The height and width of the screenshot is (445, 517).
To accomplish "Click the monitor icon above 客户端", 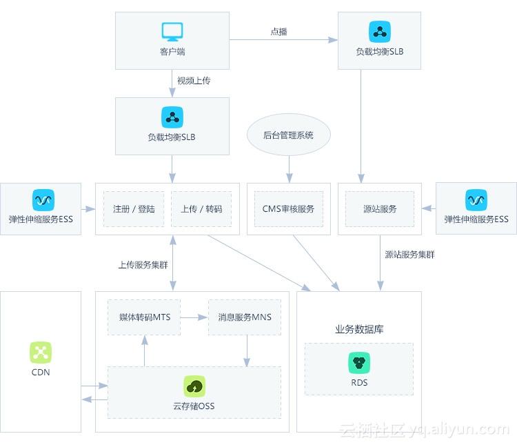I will pyautogui.click(x=172, y=32).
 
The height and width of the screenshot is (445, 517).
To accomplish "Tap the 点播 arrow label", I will pyautogui.click(x=278, y=32).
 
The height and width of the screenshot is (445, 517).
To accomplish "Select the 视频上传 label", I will pyautogui.click(x=194, y=81).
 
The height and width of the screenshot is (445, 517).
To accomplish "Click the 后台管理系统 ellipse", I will pyautogui.click(x=288, y=135).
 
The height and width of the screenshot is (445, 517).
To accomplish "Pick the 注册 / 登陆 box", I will pyautogui.click(x=134, y=209).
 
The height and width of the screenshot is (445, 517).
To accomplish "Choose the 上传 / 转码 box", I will pyautogui.click(x=201, y=209).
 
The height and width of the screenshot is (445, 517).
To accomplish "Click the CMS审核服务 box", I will pyautogui.click(x=288, y=209).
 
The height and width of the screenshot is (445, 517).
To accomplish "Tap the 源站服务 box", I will pyautogui.click(x=380, y=209).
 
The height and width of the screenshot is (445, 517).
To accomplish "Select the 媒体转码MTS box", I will pyautogui.click(x=144, y=317).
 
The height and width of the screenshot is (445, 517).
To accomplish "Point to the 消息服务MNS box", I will pyautogui.click(x=245, y=317).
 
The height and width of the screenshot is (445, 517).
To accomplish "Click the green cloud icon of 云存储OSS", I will pyautogui.click(x=194, y=386).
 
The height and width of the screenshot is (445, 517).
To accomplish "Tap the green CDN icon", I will pyautogui.click(x=41, y=353).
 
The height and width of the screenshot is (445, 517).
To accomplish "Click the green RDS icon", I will pyautogui.click(x=359, y=363).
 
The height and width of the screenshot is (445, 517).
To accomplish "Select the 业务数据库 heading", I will pyautogui.click(x=359, y=329).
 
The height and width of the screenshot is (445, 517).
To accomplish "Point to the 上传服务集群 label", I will pyautogui.click(x=143, y=264).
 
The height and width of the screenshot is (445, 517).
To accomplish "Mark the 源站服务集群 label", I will pyautogui.click(x=409, y=255).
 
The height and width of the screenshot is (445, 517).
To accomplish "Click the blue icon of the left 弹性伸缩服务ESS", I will pyautogui.click(x=43, y=200).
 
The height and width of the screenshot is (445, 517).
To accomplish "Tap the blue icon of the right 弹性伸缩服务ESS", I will pyautogui.click(x=476, y=200).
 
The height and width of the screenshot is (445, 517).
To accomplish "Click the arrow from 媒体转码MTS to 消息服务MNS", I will pyautogui.click(x=194, y=317).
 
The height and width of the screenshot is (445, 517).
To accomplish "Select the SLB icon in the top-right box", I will pyautogui.click(x=379, y=32).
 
